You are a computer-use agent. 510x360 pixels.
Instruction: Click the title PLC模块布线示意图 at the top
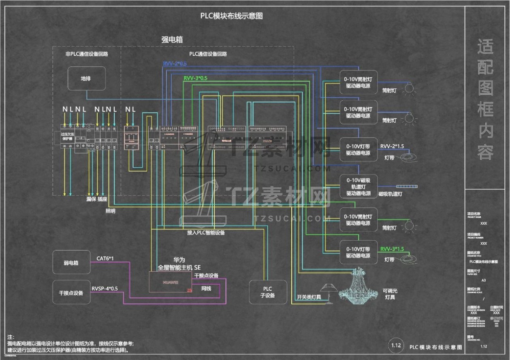click(x=231, y=16)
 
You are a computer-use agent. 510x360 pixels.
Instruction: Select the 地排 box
click(x=86, y=78)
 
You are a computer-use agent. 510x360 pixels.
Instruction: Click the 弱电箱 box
click(x=71, y=263)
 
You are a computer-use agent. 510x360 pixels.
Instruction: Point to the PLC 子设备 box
click(x=268, y=292)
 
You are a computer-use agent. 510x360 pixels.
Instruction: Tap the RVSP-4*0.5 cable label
click(x=105, y=288)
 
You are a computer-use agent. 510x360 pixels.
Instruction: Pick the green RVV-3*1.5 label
click(x=392, y=249)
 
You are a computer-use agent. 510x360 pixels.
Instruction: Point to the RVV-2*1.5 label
click(x=392, y=146)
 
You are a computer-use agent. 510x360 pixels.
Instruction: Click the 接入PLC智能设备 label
click(x=206, y=233)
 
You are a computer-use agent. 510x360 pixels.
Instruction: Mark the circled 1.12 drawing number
click(x=395, y=345)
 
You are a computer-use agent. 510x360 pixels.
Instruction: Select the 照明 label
click(x=111, y=211)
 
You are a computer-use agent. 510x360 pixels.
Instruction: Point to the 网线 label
click(x=206, y=288)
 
